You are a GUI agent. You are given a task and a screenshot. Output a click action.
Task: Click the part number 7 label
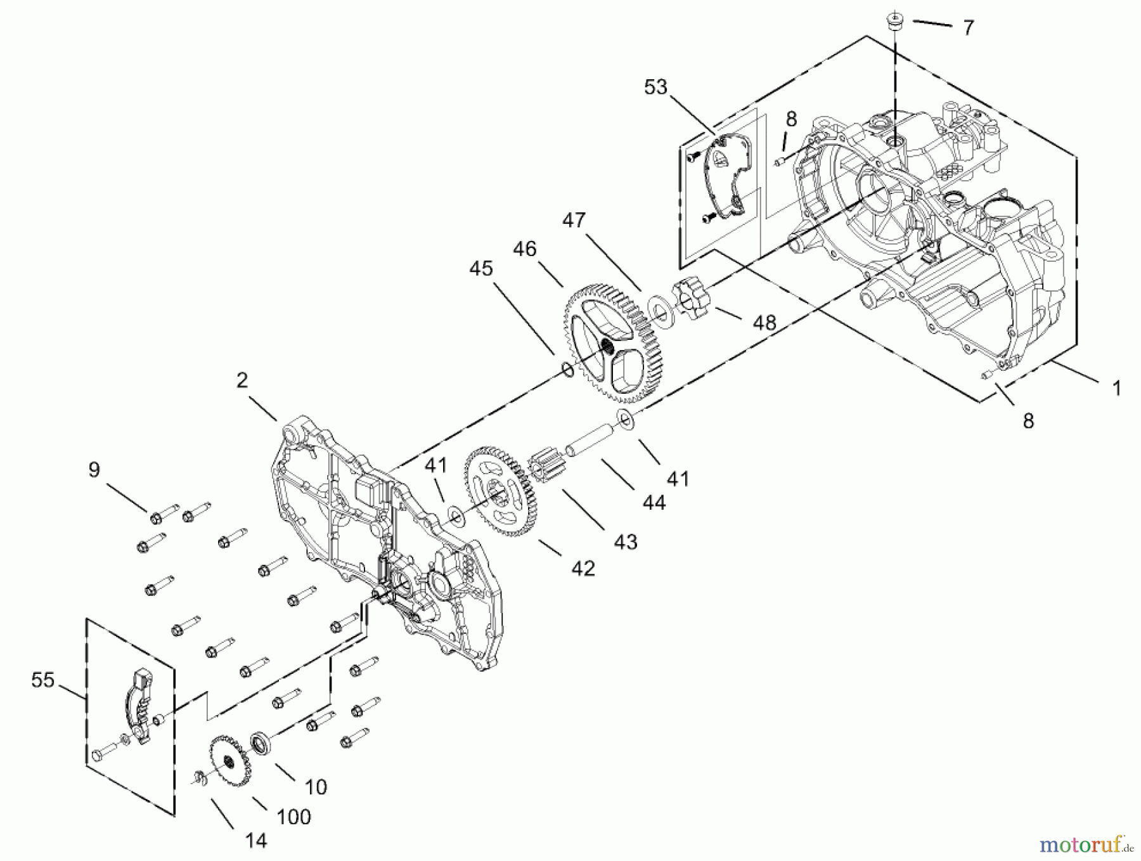coord(968,28)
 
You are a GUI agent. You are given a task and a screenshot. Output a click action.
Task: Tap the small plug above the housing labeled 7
coord(895,21)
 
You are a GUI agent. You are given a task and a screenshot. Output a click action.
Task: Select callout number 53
coord(655,87)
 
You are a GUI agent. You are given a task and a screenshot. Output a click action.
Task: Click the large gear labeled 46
coord(609,346)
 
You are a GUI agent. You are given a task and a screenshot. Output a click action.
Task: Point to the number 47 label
coord(574,221)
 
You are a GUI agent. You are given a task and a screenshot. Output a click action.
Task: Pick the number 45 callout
coord(481,268)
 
